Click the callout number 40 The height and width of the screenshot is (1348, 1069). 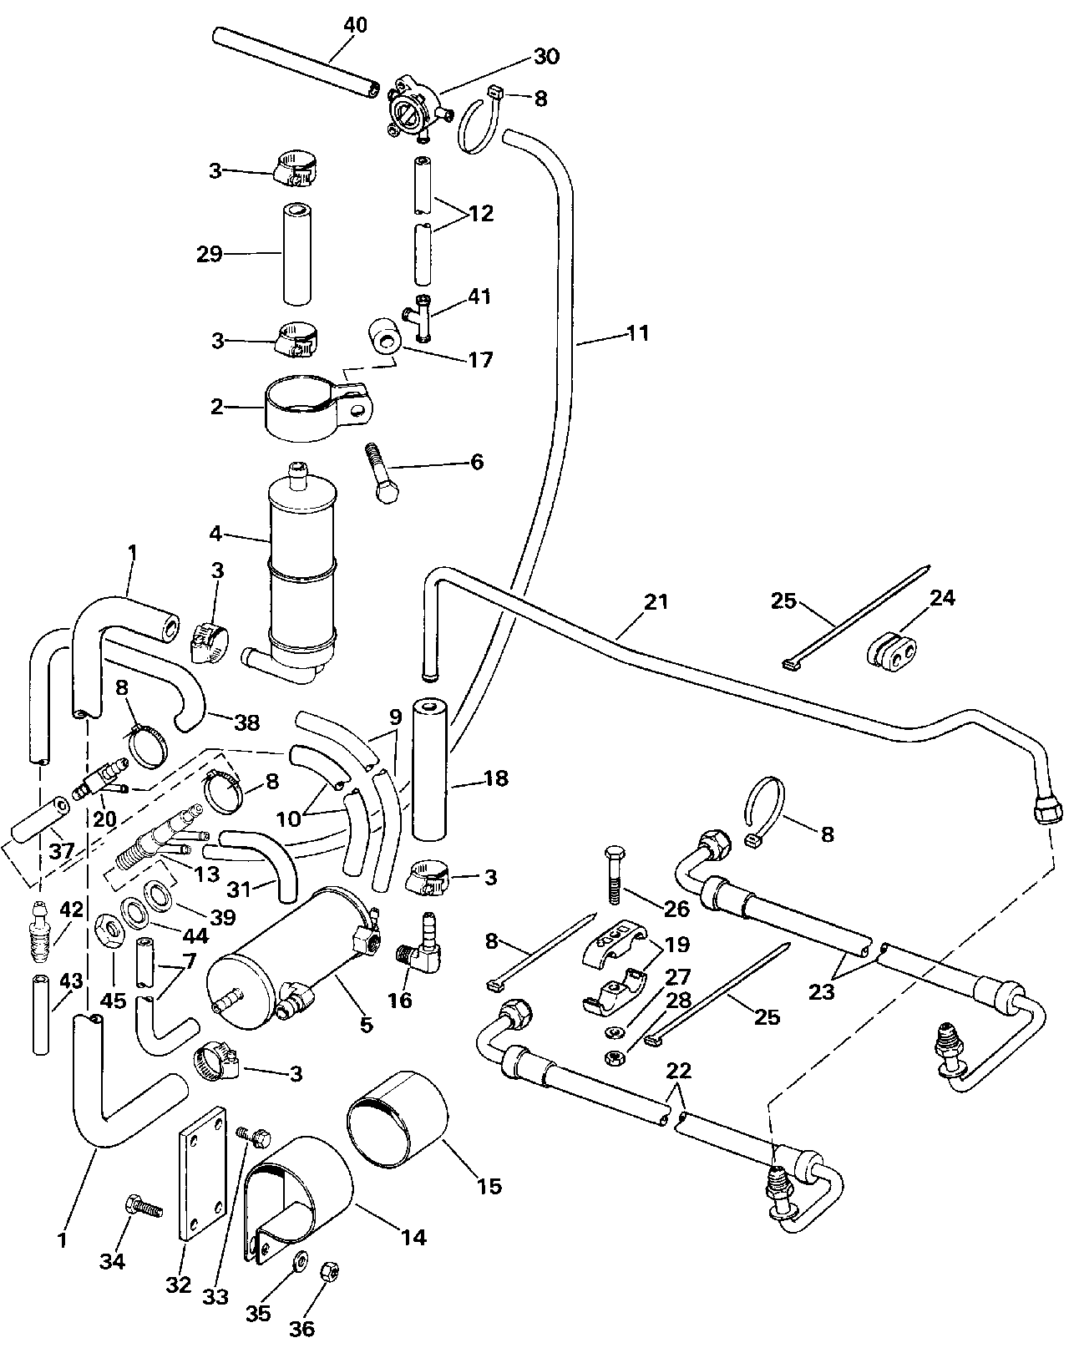[x=355, y=25]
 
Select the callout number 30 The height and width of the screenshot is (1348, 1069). [x=547, y=56]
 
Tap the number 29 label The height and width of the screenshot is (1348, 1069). [x=210, y=253]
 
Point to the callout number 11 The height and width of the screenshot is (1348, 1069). [x=638, y=333]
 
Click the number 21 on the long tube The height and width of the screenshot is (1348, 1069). [x=656, y=601]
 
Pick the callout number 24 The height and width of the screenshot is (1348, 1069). [x=942, y=598]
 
